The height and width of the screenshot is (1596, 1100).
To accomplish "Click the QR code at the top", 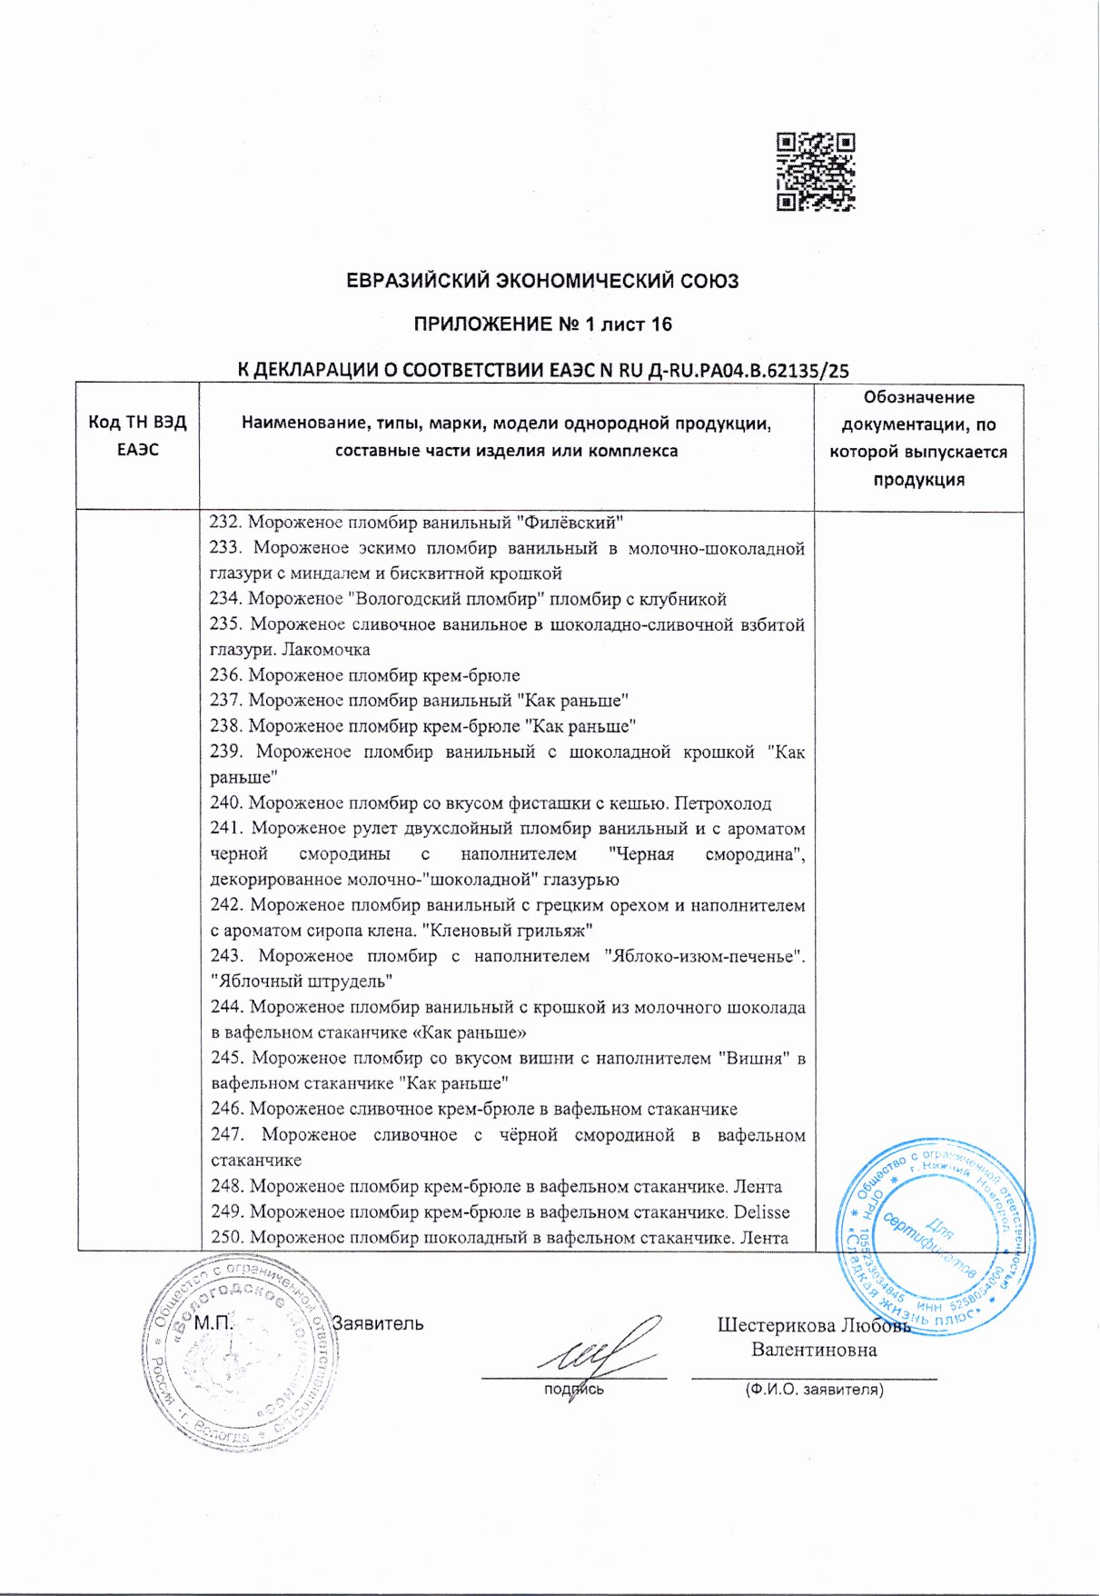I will click(x=816, y=172).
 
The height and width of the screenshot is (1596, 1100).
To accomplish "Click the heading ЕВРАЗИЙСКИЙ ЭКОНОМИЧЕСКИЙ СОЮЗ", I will click(x=542, y=281).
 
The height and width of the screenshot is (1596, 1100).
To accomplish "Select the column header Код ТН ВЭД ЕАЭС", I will click(x=137, y=435).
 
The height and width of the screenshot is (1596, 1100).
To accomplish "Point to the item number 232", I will click(x=223, y=523).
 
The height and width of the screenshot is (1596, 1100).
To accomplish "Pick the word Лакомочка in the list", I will click(x=326, y=650).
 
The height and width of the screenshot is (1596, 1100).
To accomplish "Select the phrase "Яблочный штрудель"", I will click(x=301, y=982).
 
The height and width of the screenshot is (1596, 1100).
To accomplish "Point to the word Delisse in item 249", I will click(x=761, y=1212).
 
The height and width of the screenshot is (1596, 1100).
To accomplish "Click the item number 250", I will click(x=226, y=1238).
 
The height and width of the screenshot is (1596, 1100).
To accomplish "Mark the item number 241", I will click(x=225, y=829).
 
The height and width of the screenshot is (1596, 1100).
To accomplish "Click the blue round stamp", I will click(x=936, y=1236).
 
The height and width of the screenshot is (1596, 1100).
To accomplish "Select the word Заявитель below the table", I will click(x=378, y=1323).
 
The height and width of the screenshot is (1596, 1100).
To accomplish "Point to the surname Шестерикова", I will click(x=773, y=1325).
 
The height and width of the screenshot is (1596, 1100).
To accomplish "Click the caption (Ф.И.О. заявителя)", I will click(x=814, y=1390).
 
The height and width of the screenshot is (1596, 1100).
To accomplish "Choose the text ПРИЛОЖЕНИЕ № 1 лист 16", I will click(x=542, y=324).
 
